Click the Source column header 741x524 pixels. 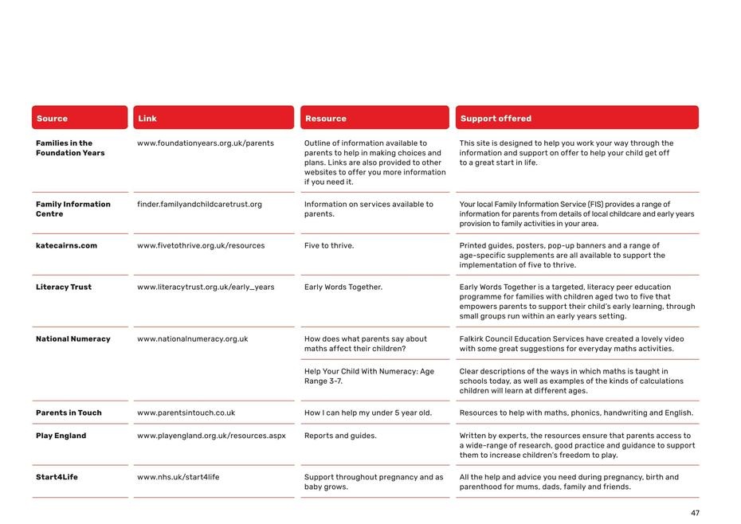pyautogui.click(x=52, y=119)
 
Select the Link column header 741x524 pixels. pyautogui.click(x=147, y=119)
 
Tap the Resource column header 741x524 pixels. pyautogui.click(x=325, y=119)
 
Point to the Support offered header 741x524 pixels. pyautogui.click(x=496, y=119)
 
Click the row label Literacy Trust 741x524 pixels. pyautogui.click(x=64, y=287)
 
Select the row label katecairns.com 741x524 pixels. pyautogui.click(x=66, y=246)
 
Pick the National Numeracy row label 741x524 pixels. pyautogui.click(x=73, y=339)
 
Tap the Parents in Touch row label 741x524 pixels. pyautogui.click(x=69, y=413)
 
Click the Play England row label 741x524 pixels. pyautogui.click(x=61, y=436)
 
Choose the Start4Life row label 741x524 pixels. pyautogui.click(x=57, y=478)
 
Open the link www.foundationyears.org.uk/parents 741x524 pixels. pyautogui.click(x=206, y=144)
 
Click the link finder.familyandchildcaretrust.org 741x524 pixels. pyautogui.click(x=199, y=205)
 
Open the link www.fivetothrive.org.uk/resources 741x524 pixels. pyautogui.click(x=201, y=246)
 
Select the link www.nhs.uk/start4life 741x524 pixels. pyautogui.click(x=178, y=478)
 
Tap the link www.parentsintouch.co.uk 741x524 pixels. pyautogui.click(x=186, y=413)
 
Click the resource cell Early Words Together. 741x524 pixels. pyautogui.click(x=343, y=287)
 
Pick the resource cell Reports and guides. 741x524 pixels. pyautogui.click(x=340, y=436)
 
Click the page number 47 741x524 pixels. pyautogui.click(x=695, y=514)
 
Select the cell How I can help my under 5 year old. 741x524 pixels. pyautogui.click(x=368, y=413)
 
